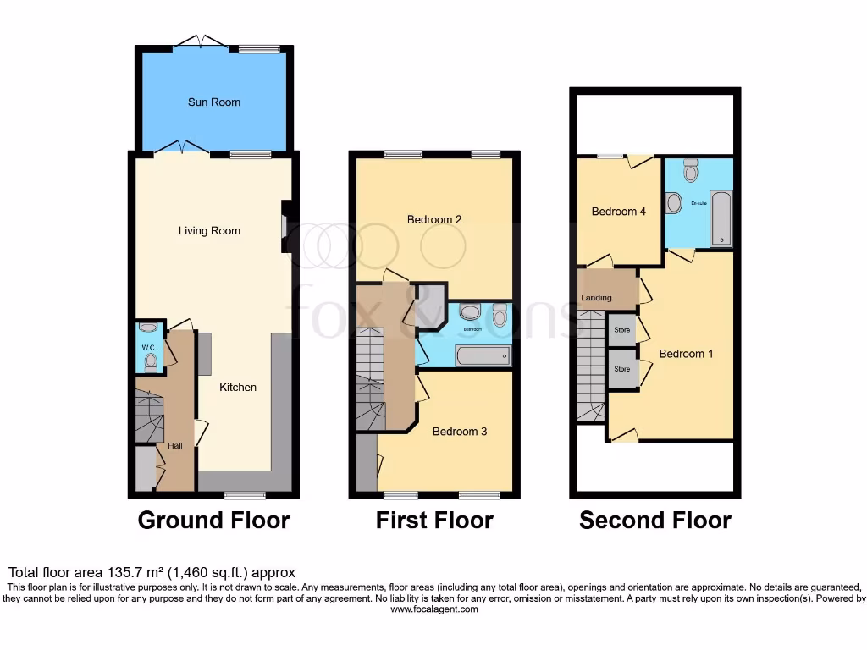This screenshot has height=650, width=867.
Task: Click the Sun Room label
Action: (213, 102)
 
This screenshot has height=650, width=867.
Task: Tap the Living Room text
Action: (209, 231)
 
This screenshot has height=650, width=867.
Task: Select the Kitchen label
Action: (238, 388)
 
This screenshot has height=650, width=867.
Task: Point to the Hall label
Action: (175, 446)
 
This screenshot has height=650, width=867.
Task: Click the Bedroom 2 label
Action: (434, 220)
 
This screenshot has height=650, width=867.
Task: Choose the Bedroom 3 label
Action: (460, 432)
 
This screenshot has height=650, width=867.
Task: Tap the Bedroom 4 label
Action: (619, 212)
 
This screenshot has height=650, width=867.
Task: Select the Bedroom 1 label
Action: (686, 354)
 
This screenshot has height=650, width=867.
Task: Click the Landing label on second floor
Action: (597, 298)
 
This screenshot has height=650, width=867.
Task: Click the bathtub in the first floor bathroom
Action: (483, 355)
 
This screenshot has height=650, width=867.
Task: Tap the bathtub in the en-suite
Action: (721, 218)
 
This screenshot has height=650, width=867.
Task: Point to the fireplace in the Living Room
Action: (286, 226)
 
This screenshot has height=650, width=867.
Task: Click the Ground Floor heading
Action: (213, 520)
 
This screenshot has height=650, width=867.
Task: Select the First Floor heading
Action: (434, 520)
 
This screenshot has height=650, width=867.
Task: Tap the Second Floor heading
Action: (655, 520)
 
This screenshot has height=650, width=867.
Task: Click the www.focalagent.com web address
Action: (433, 609)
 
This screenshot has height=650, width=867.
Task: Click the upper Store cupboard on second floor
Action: (622, 330)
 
